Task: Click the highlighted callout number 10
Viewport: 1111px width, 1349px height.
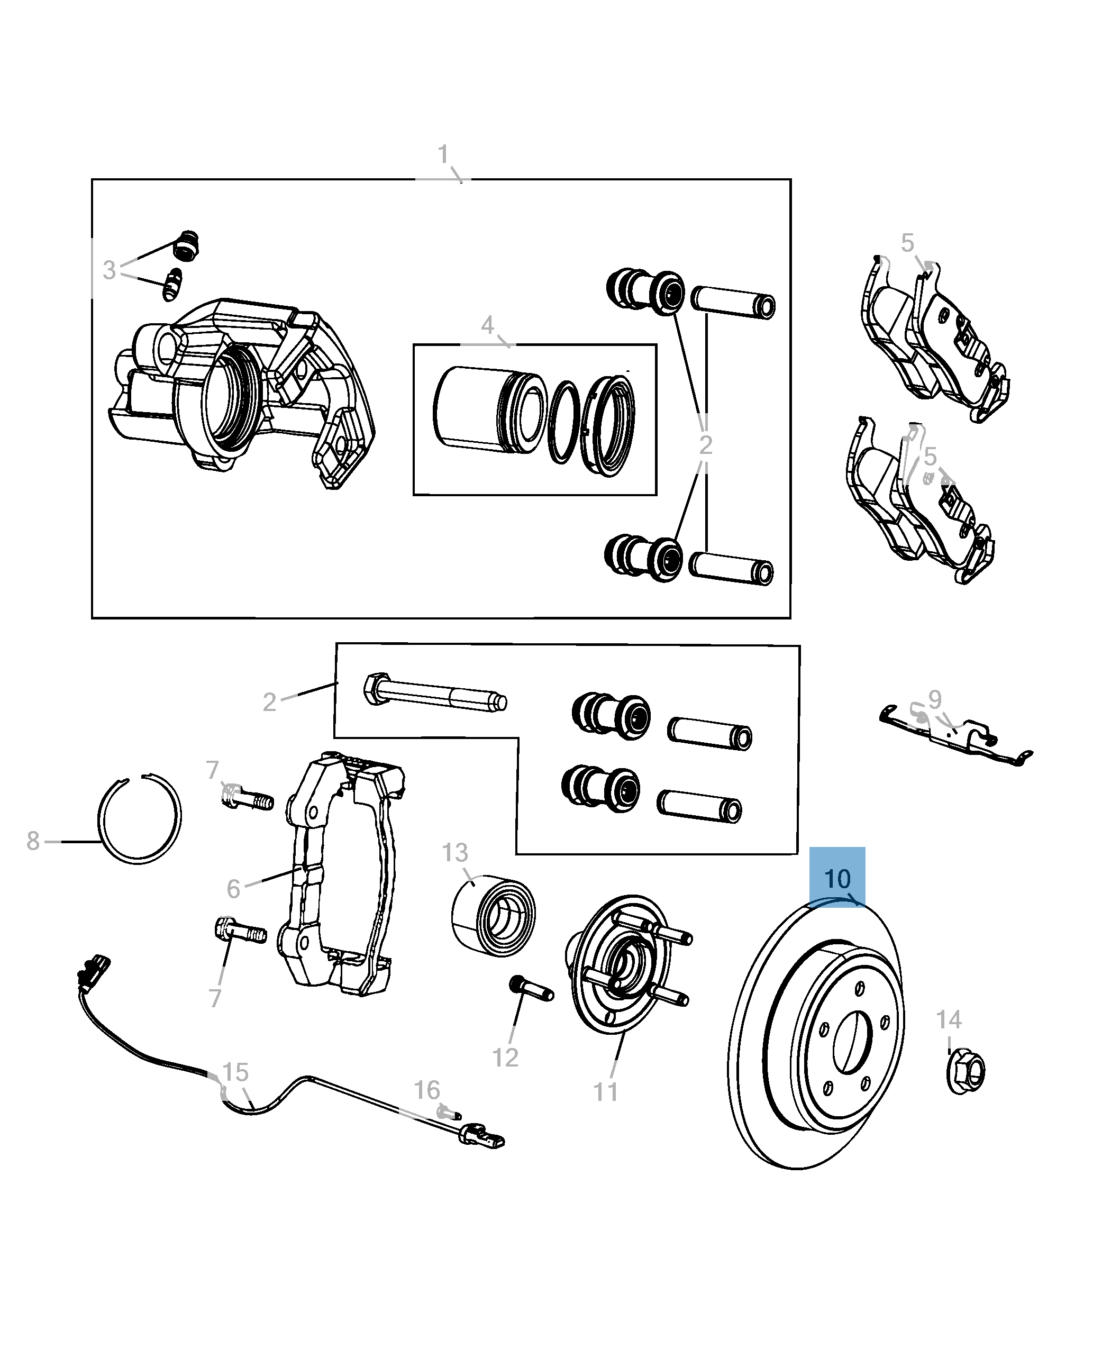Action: pyautogui.click(x=836, y=879)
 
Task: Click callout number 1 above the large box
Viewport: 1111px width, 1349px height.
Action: pyautogui.click(x=443, y=154)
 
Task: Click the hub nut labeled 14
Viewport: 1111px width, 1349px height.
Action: pyautogui.click(x=965, y=1071)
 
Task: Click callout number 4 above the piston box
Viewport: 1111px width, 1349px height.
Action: pyautogui.click(x=487, y=325)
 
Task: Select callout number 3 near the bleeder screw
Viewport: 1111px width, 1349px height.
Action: pyautogui.click(x=110, y=270)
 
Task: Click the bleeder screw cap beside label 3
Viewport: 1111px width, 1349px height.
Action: pyautogui.click(x=186, y=246)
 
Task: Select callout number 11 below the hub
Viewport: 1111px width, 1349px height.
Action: pyautogui.click(x=605, y=1092)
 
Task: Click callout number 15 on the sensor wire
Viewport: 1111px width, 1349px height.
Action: pyautogui.click(x=235, y=1072)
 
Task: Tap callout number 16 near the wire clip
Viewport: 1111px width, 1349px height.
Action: pyautogui.click(x=426, y=1090)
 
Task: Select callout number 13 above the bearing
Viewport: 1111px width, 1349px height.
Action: pyautogui.click(x=454, y=852)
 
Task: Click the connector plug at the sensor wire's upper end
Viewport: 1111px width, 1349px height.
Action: pyautogui.click(x=93, y=969)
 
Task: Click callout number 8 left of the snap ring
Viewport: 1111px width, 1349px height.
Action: pyautogui.click(x=33, y=841)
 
